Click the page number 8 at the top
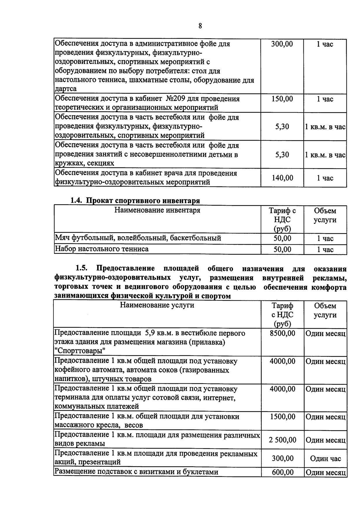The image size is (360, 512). [200, 26]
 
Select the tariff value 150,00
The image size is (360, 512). [282, 99]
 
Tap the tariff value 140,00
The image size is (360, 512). [282, 178]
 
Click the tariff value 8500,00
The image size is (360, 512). [282, 333]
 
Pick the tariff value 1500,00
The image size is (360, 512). [282, 417]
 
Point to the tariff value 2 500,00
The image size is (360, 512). [282, 440]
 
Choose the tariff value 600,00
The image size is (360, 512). [282, 472]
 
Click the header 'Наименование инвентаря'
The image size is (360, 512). [157, 210]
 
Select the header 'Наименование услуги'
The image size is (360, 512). [157, 305]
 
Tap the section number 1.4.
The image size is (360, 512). [77, 201]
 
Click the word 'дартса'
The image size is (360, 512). [66, 89]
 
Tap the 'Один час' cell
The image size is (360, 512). [325, 459]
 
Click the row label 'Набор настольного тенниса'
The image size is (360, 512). [102, 249]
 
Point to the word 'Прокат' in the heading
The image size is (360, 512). [99, 201]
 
